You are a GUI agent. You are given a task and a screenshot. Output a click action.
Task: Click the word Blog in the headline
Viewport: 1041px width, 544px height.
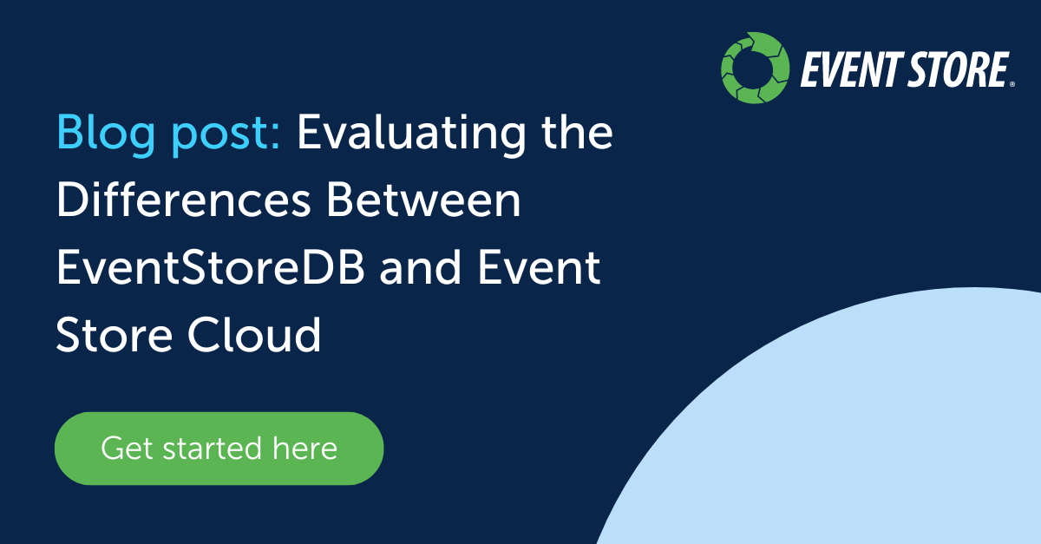click(x=106, y=134)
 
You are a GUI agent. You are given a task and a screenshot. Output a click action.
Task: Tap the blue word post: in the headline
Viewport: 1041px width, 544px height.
click(x=226, y=135)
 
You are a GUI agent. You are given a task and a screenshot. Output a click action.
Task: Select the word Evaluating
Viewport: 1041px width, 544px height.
click(x=411, y=134)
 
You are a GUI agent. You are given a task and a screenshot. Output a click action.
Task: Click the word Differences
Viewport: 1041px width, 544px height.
click(x=184, y=200)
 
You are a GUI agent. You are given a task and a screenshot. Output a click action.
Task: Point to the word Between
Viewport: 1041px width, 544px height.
click(x=424, y=200)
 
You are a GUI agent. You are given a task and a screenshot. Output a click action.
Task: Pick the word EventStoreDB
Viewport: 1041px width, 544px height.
click(x=211, y=267)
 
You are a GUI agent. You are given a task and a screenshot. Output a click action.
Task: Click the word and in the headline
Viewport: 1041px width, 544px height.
click(x=421, y=267)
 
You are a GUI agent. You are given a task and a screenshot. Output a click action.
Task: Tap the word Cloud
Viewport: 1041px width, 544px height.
click(x=254, y=334)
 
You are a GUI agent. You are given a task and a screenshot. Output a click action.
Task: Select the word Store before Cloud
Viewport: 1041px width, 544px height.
click(x=115, y=334)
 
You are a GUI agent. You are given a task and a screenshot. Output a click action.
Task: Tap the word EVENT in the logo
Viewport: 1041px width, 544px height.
click(x=849, y=69)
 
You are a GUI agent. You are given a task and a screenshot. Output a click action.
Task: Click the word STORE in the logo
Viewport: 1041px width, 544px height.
click(x=958, y=69)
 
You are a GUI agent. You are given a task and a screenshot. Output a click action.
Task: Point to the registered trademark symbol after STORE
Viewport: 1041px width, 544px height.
click(x=1012, y=84)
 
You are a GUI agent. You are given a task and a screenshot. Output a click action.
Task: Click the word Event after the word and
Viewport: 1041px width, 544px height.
click(x=539, y=267)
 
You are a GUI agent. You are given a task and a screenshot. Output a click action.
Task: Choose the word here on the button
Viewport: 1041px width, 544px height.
click(x=304, y=449)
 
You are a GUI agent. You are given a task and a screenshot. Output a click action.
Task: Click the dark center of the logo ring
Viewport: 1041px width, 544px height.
click(x=755, y=68)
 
